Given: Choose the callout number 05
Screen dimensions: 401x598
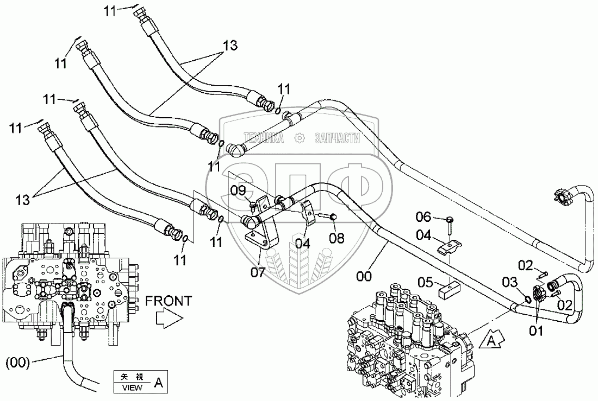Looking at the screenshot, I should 426,282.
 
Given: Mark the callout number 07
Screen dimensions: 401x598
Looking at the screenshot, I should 258,272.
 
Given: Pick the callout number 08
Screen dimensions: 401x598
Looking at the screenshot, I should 337,238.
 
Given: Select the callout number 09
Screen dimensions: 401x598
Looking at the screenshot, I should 238,190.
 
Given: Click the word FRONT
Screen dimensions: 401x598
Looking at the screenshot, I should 168,301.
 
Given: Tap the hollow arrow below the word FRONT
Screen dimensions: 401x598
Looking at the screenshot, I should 167,319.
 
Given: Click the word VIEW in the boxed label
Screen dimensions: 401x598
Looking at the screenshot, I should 132,387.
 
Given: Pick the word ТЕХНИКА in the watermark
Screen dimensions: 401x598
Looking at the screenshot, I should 264,138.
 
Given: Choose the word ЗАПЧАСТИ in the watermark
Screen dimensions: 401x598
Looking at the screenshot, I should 338,138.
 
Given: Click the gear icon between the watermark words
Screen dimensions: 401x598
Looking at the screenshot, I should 299,138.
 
